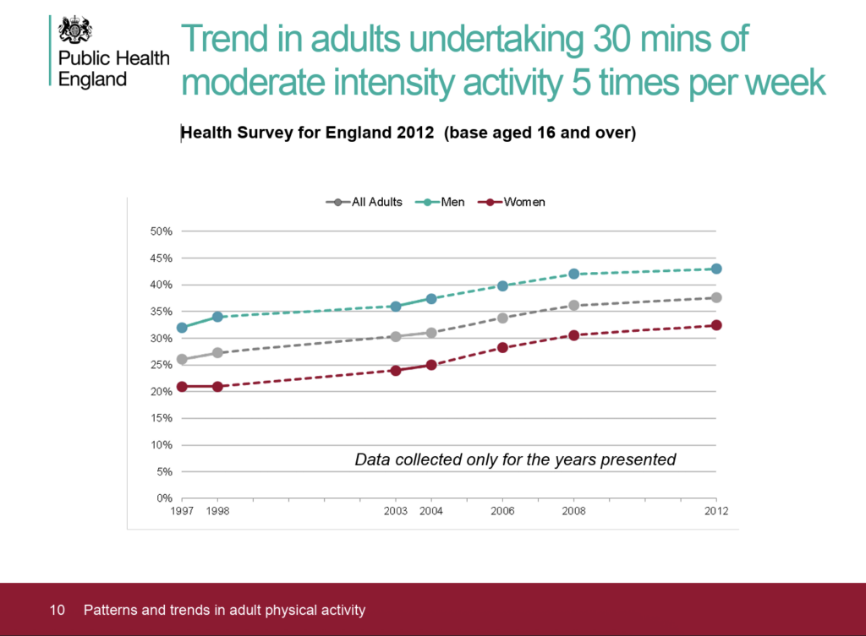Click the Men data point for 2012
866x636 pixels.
pos(716,269)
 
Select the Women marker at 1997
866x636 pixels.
pos(182,387)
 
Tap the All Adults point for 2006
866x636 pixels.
pos(502,318)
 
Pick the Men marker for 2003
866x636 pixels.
pos(395,307)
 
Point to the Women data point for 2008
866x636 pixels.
pos(573,335)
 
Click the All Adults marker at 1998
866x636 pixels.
pos(217,352)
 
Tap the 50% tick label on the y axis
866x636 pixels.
pos(162,231)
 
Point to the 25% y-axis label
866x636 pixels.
pos(162,365)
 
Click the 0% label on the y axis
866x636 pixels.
pos(165,498)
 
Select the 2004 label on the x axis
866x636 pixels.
pos(431,512)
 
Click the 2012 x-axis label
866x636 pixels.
pos(716,512)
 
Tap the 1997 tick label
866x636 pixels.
pos(182,512)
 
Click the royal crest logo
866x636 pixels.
pos(74,31)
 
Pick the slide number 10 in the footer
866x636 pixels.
pos(58,610)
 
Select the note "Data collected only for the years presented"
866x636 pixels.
pos(515,459)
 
